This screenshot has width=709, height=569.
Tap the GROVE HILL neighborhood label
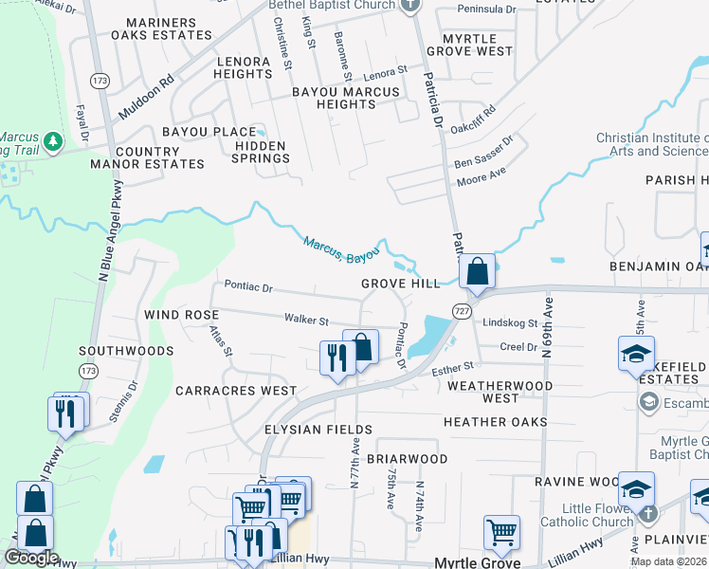[400, 284]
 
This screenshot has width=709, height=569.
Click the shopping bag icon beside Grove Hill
[479, 271]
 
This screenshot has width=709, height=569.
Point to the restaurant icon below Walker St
[336, 358]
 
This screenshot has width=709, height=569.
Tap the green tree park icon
[53, 142]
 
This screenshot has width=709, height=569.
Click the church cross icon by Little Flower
[646, 513]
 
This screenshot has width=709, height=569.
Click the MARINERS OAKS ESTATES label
[161, 28]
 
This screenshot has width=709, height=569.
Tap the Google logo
[31, 558]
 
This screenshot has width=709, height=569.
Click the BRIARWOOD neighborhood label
[407, 459]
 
